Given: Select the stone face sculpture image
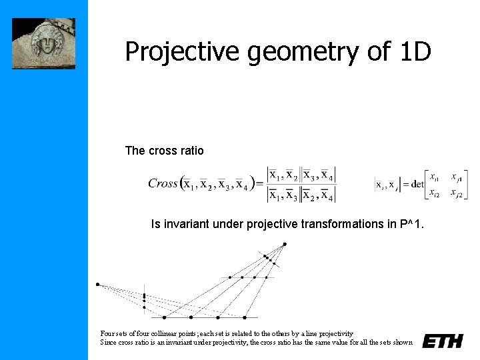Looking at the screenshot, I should [x=44, y=43].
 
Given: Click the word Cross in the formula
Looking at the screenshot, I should [x=163, y=183].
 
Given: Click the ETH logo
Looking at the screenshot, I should [x=443, y=341].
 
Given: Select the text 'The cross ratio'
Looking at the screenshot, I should [x=164, y=151].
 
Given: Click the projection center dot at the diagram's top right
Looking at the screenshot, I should [x=285, y=243].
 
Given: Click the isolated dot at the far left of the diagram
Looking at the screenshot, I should [x=97, y=285].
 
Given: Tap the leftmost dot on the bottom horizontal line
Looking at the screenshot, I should [x=164, y=317].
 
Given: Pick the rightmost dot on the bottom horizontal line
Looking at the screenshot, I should [x=245, y=317].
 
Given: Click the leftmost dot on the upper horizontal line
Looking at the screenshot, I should [x=230, y=277].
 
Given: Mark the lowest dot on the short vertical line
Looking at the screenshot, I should [x=145, y=308].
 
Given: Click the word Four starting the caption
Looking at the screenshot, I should [x=107, y=333].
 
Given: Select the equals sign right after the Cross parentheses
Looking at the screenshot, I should [x=259, y=184].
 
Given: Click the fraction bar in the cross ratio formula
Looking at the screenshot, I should [x=301, y=185].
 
